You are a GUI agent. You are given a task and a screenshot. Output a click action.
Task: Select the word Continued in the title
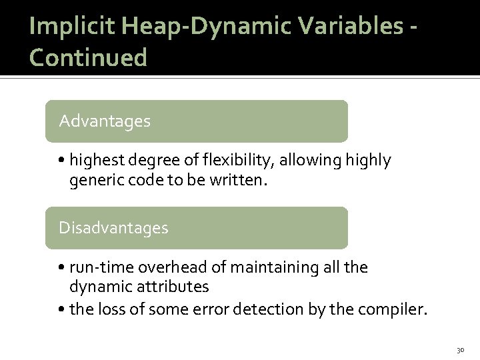click(x=88, y=57)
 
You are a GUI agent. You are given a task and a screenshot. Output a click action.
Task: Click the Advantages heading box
click(x=196, y=121)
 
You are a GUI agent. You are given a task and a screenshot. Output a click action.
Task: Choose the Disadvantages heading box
click(x=196, y=228)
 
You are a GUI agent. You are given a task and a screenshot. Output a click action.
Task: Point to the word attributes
click(x=175, y=287)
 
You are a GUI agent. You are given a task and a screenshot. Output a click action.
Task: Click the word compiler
click(x=397, y=309)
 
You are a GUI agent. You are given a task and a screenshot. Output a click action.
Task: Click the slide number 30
click(x=459, y=349)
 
